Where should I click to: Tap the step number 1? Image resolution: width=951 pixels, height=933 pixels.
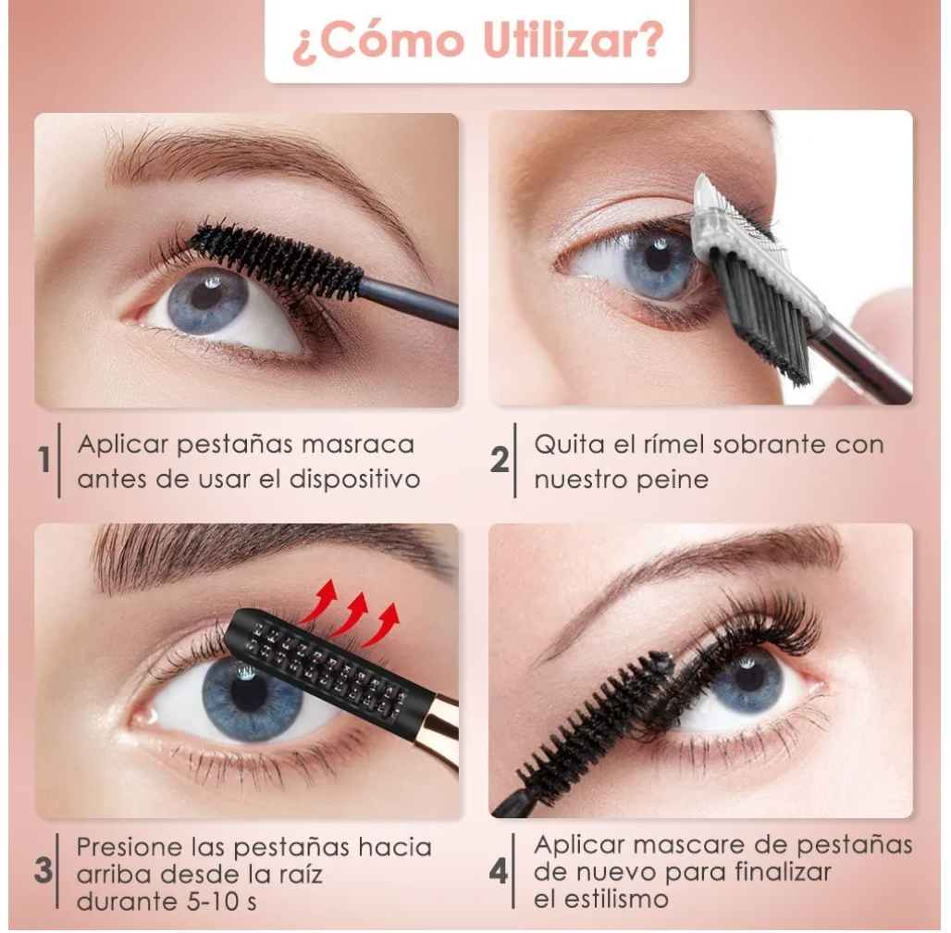(x=44, y=459)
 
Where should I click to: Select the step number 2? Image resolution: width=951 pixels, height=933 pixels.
(x=500, y=459)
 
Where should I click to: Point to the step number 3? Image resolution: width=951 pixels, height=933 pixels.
(x=43, y=870)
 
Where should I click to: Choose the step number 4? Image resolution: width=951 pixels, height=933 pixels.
(x=499, y=872)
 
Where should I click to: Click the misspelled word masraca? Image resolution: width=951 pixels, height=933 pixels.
(x=358, y=444)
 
